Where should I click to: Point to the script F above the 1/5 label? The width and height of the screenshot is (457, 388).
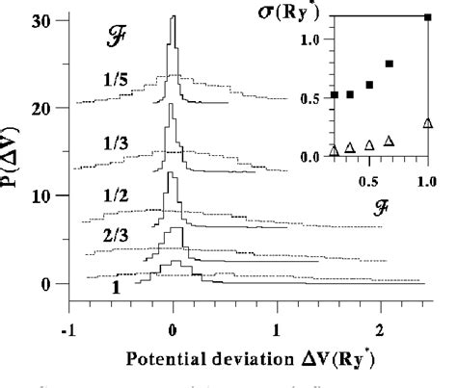click(115, 43)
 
